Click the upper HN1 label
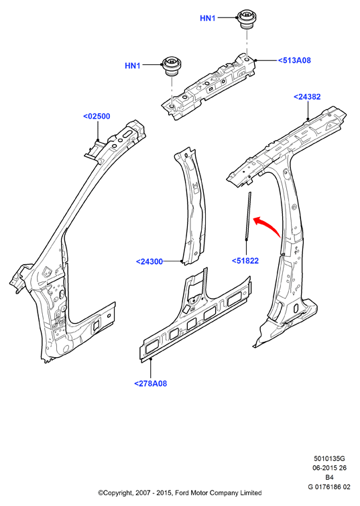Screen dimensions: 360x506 (207, 18)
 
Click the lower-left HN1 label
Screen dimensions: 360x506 (132, 66)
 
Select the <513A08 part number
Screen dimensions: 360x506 (294, 60)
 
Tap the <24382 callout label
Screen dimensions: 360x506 (307, 97)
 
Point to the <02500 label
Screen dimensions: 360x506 (97, 116)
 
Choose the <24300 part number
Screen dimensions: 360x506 (149, 262)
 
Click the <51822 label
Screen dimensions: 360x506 (245, 261)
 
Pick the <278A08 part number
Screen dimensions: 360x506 (150, 384)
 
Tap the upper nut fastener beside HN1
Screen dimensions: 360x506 (246, 19)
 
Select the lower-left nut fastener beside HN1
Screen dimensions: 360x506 (172, 66)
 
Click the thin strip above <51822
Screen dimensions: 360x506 (247, 216)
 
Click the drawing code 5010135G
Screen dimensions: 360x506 (329, 458)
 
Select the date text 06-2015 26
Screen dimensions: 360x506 (329, 468)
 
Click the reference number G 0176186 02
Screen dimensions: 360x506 (329, 487)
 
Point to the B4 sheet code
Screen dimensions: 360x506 (329, 477)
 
